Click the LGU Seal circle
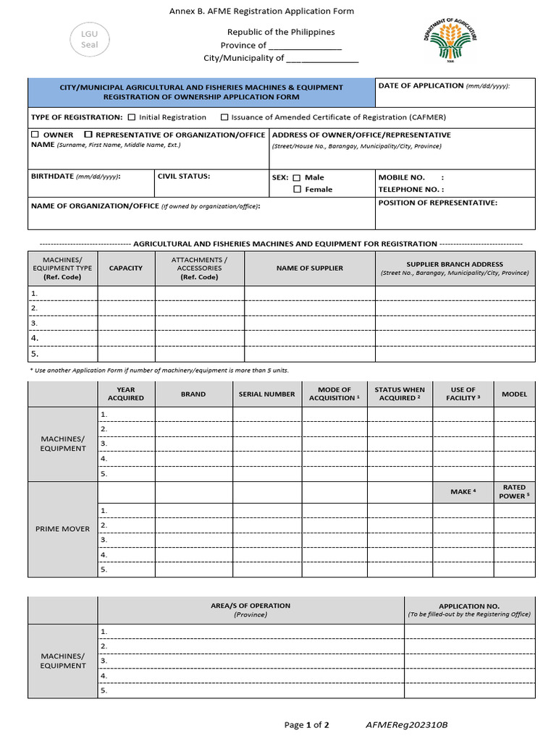coord(89,39)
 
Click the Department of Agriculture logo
coord(450,42)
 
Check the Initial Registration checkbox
coord(132,117)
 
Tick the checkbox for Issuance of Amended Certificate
coord(224,117)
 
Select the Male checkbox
coord(297,177)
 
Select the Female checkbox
coord(297,190)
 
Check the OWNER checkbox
coord(35,135)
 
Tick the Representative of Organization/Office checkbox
coord(88,135)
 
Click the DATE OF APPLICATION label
coord(421,85)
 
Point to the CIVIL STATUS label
coord(184,176)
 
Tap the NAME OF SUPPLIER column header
coord(309,268)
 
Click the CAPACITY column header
coord(126,268)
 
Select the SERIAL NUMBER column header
coord(267,394)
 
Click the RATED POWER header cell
coord(514,492)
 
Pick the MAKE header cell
coord(463,492)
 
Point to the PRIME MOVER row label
coord(63,529)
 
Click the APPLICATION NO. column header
coord(469,610)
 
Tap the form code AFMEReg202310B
coord(407,724)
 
